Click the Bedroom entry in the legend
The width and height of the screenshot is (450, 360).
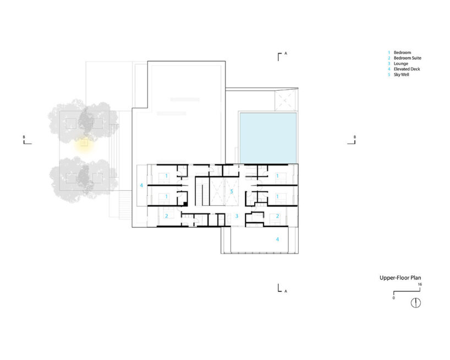coord(399,52)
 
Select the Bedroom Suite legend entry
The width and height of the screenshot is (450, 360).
coord(405,58)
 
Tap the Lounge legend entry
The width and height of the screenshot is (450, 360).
coord(398,63)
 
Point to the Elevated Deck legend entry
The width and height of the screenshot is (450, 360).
coord(404,69)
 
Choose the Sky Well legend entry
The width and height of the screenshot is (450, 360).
coord(399,75)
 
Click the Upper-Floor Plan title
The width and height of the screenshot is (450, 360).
coord(400,277)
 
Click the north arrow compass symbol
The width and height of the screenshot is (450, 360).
coord(416,303)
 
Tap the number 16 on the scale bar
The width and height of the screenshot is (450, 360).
coord(420,284)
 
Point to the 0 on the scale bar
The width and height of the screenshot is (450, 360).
coord(393,298)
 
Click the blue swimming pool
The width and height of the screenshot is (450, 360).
coord(268,138)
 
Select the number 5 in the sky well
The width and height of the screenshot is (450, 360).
coord(232,191)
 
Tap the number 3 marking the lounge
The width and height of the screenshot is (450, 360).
coord(237,216)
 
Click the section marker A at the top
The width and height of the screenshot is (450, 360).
coord(286,53)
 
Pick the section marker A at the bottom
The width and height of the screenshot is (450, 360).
coord(286,291)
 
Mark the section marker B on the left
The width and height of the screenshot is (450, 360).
coord(24,137)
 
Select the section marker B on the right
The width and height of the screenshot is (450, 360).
coord(355,137)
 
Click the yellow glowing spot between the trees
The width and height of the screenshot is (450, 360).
coord(84,143)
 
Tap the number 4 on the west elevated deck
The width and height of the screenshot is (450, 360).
coord(141,186)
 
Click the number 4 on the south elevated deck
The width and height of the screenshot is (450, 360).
coord(277,239)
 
